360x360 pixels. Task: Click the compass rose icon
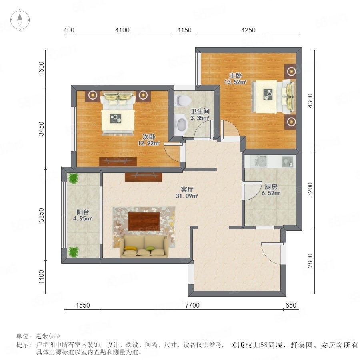click(20, 20)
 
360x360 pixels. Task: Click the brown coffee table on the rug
click(144, 221)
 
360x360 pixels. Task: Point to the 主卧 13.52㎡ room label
click(235, 78)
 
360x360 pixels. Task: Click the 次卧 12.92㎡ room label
click(148, 140)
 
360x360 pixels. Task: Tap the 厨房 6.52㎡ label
click(271, 190)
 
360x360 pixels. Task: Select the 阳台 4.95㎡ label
click(83, 215)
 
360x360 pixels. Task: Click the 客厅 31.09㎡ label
click(187, 192)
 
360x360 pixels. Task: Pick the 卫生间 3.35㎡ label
click(200, 114)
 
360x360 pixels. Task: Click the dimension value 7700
click(192, 305)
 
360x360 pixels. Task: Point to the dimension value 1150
click(184, 30)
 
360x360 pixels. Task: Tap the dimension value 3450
click(41, 129)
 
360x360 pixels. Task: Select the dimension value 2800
click(310, 260)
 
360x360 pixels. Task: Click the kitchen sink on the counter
click(260, 161)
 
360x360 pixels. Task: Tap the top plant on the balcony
click(74, 178)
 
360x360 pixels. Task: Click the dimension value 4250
click(248, 30)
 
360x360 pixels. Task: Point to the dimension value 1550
click(83, 305)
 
